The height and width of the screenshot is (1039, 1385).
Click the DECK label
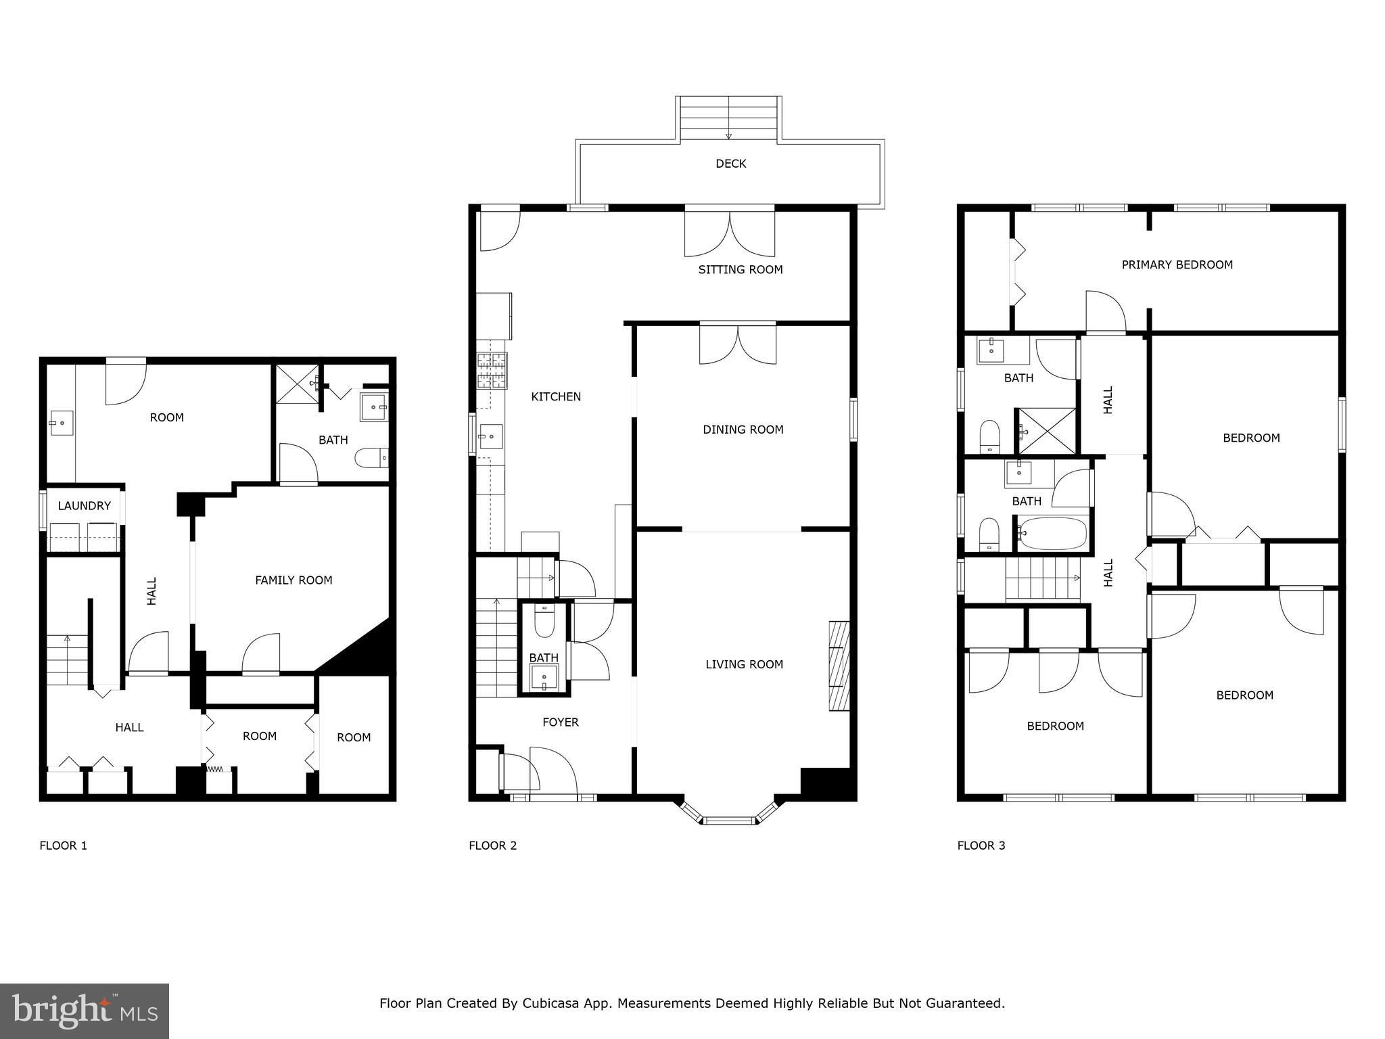tap(730, 164)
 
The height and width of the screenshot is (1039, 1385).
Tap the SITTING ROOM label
tap(741, 270)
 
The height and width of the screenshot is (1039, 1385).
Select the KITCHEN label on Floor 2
tap(556, 397)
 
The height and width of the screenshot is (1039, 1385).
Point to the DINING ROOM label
tap(743, 430)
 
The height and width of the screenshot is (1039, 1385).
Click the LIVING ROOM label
tap(744, 664)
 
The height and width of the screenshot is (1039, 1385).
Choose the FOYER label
tap(561, 722)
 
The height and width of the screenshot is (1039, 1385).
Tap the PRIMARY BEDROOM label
tap(1177, 265)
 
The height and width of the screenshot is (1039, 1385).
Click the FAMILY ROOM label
tap(294, 580)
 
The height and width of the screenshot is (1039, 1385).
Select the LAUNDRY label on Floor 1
tap(84, 506)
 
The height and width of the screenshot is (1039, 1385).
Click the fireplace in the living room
tap(839, 666)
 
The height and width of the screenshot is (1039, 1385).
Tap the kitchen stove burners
tap(492, 371)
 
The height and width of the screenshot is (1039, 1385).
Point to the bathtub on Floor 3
tap(1052, 534)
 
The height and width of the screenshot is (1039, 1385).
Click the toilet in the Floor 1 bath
tap(372, 458)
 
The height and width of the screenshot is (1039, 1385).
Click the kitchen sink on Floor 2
tap(490, 437)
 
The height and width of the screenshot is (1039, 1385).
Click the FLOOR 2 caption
tap(492, 846)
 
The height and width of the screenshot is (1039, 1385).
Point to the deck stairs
tap(729, 118)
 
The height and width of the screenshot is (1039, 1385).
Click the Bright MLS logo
tap(85, 1011)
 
